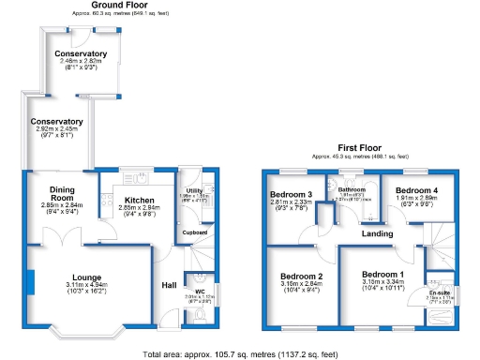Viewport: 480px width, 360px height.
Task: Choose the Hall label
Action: [x=169, y=285]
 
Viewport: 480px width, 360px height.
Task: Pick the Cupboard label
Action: [x=195, y=232]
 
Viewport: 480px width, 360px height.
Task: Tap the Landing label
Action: [x=378, y=232]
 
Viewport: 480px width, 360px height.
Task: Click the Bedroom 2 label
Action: [x=301, y=276]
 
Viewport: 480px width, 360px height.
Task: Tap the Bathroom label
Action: [x=352, y=188]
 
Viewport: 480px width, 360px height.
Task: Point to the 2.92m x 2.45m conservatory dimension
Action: [x=57, y=129]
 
